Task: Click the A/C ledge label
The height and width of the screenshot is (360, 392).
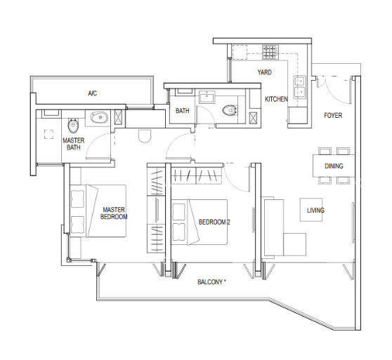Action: tap(92, 93)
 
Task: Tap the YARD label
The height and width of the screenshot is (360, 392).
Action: tap(265, 72)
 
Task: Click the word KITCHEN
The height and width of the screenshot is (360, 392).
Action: tap(276, 99)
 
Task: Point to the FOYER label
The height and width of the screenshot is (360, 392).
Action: tap(333, 115)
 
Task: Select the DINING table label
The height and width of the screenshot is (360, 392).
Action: tap(334, 166)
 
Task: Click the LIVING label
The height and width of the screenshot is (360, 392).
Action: tap(315, 211)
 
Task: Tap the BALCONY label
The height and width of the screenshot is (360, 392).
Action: tap(211, 282)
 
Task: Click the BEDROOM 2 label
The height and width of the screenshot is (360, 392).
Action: tap(214, 222)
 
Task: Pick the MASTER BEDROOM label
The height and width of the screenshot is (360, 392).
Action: tap(114, 213)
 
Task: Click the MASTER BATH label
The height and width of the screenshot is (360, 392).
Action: tap(74, 144)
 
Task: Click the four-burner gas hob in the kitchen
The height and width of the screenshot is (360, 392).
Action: tap(270, 52)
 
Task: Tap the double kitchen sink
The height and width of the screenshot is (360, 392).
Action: tap(300, 87)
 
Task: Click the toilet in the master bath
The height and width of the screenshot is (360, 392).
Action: tap(73, 126)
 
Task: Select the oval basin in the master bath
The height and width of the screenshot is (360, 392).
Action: tap(99, 117)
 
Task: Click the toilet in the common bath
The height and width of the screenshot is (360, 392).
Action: tap(230, 110)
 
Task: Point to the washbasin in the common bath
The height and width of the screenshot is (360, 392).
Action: tap(207, 97)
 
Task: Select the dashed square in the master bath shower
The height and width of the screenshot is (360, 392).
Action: tap(48, 134)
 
